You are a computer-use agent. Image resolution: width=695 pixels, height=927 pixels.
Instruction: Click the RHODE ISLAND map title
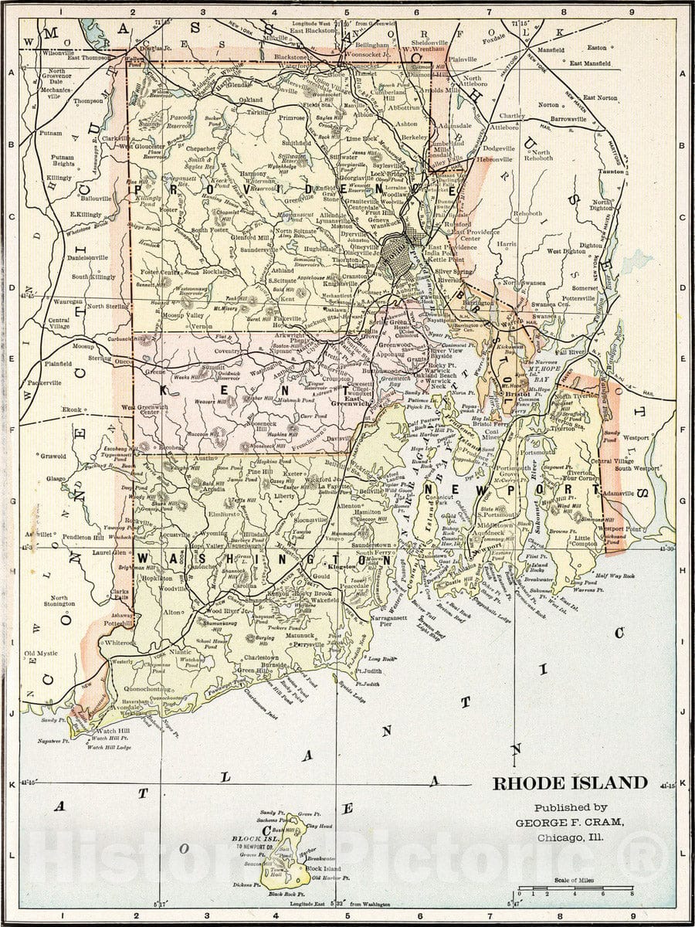(x=570, y=783)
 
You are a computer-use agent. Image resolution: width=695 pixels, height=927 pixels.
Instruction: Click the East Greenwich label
(x=351, y=399)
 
